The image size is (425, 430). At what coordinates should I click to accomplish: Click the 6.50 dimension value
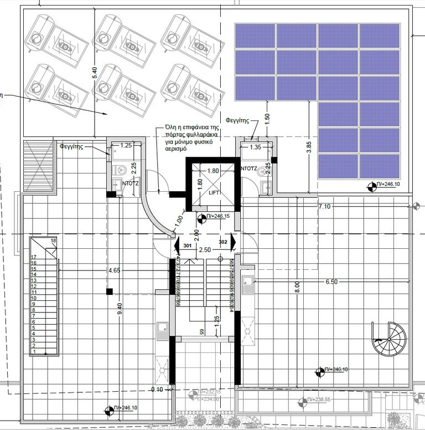[331, 281]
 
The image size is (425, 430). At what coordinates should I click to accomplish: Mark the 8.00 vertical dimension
[298, 287]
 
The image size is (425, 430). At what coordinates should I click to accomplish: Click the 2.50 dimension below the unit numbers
[205, 250]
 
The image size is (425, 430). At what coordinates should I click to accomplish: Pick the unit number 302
[223, 242]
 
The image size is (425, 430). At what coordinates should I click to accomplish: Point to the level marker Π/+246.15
[217, 216]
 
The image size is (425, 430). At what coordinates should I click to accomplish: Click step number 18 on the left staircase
[54, 241]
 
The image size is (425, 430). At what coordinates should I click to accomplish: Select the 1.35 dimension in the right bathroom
[255, 147]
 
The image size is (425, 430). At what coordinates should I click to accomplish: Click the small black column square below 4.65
[110, 291]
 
